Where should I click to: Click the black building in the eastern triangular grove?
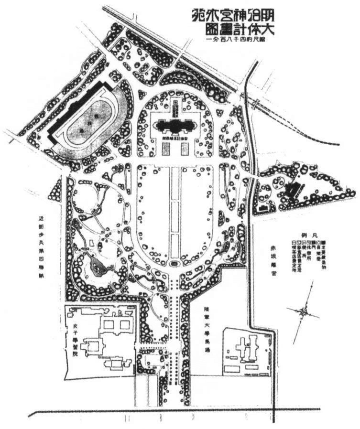pos(291,191)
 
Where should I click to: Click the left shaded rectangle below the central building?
pos(165,150)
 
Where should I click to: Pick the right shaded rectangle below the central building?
pos(184,150)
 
